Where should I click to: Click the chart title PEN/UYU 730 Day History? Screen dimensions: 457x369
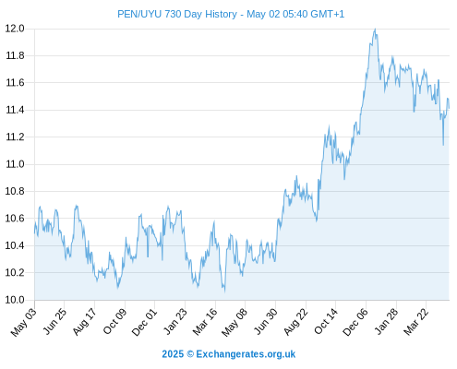[x=177, y=14]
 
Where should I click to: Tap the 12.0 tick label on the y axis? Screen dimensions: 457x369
[x=15, y=29]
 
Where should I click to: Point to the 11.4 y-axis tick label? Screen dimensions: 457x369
[x=15, y=110]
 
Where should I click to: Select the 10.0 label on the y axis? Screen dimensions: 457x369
[x=15, y=300]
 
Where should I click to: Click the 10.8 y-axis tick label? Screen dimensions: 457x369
[x=15, y=191]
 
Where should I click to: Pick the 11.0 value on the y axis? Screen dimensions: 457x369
[x=15, y=164]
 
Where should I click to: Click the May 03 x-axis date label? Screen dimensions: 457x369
[x=24, y=322]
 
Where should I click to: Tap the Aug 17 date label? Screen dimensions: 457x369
[x=85, y=322]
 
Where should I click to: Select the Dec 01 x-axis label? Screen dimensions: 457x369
[x=145, y=322]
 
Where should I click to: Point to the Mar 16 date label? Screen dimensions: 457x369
[x=205, y=322]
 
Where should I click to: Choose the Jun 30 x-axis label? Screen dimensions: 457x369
[x=265, y=322]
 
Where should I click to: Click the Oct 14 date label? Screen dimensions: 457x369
[x=326, y=322]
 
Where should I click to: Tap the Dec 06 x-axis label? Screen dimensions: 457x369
[x=355, y=322]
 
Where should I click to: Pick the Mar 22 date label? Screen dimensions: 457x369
[x=416, y=322]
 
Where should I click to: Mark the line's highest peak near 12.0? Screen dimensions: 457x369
[x=375, y=29]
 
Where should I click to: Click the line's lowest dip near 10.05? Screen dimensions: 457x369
[x=224, y=291]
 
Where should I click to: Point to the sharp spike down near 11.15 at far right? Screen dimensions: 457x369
[x=443, y=145]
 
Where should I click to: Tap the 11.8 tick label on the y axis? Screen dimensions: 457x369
[x=15, y=55]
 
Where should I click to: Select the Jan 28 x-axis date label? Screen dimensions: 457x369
[x=386, y=322]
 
